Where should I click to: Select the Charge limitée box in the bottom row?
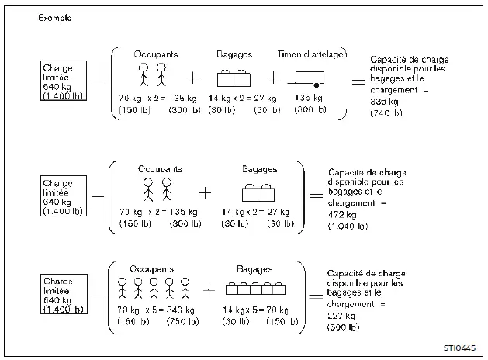click(64, 292)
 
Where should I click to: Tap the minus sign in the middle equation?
click(98, 196)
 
